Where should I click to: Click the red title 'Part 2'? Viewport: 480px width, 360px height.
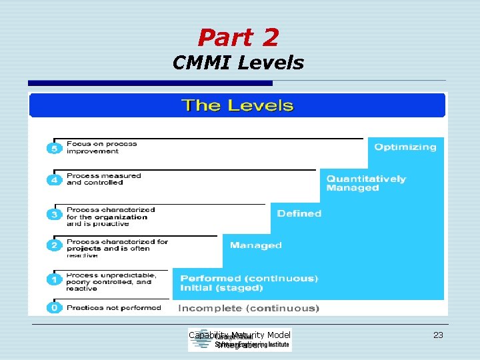point(238,37)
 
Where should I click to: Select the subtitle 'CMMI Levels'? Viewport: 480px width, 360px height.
point(238,63)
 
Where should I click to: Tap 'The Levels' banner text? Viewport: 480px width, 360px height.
point(237,105)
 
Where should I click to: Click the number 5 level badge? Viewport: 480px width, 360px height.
point(54,148)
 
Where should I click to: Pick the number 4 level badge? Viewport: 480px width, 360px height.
point(54,180)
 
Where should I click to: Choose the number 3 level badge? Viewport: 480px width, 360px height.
point(54,215)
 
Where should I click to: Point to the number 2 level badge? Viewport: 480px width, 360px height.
point(54,245)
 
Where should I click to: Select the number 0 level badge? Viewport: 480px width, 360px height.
point(54,308)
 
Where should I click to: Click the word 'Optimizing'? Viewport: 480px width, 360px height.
point(405,147)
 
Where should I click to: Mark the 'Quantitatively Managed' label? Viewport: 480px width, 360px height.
point(365,183)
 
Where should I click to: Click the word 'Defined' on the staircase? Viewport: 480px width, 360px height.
point(299,213)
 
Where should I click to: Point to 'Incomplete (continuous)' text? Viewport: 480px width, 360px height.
point(249,308)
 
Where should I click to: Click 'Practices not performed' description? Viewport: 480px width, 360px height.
point(113,308)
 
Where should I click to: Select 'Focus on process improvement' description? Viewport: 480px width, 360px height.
point(101,147)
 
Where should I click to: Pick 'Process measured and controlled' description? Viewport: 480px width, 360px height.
point(104,179)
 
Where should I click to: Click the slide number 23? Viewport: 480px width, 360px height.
point(438,335)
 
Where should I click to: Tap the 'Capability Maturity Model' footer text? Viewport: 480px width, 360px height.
point(240,335)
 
